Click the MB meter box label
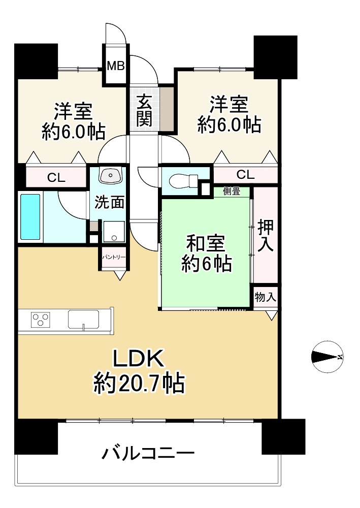click(x=116, y=66)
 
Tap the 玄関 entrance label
click(x=144, y=110)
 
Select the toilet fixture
click(x=184, y=180)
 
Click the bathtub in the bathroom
click(x=30, y=217)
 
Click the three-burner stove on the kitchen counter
click(x=41, y=319)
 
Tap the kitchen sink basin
click(x=83, y=319)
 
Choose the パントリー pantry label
click(x=114, y=258)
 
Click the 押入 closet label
click(x=266, y=236)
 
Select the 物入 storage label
click(x=265, y=297)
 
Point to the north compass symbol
click(x=328, y=357)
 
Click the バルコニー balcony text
click(x=148, y=454)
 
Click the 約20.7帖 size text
click(x=139, y=384)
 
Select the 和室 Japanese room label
click(x=206, y=243)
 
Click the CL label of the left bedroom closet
click(x=56, y=177)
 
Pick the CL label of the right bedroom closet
click(x=245, y=175)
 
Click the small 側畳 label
click(x=232, y=192)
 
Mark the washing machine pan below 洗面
click(x=114, y=231)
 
